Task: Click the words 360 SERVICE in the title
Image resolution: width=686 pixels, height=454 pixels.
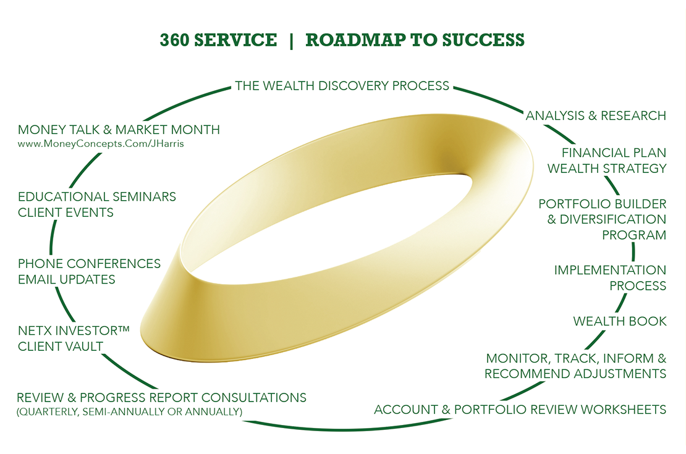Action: coord(218,40)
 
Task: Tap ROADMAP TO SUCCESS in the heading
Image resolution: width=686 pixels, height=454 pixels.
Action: coord(415,40)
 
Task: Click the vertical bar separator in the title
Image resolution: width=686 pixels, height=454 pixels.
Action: coord(291,40)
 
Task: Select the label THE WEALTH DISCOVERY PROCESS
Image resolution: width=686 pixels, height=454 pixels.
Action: coord(342,85)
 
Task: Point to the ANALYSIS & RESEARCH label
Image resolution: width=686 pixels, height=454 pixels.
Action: coord(596,116)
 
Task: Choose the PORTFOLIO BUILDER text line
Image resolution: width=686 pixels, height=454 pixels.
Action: coord(602,204)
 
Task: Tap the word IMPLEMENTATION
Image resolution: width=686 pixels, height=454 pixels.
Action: coord(609,270)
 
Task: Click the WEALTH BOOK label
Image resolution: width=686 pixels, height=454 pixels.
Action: coord(620,321)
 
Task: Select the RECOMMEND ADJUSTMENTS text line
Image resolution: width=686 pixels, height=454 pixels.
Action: coord(575,374)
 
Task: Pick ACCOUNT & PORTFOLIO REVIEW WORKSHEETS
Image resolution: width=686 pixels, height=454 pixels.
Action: coord(520,410)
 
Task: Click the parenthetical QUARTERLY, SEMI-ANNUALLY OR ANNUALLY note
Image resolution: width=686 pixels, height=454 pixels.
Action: coord(129,411)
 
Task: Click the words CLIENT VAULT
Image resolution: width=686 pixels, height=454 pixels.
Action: coord(60,346)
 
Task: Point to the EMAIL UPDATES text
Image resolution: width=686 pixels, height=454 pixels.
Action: coord(67,279)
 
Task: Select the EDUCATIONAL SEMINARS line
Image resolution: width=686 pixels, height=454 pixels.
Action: coord(97,197)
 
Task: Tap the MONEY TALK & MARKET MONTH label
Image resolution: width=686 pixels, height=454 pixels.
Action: coord(119,130)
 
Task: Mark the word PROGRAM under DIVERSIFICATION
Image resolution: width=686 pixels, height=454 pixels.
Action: coord(634,235)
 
